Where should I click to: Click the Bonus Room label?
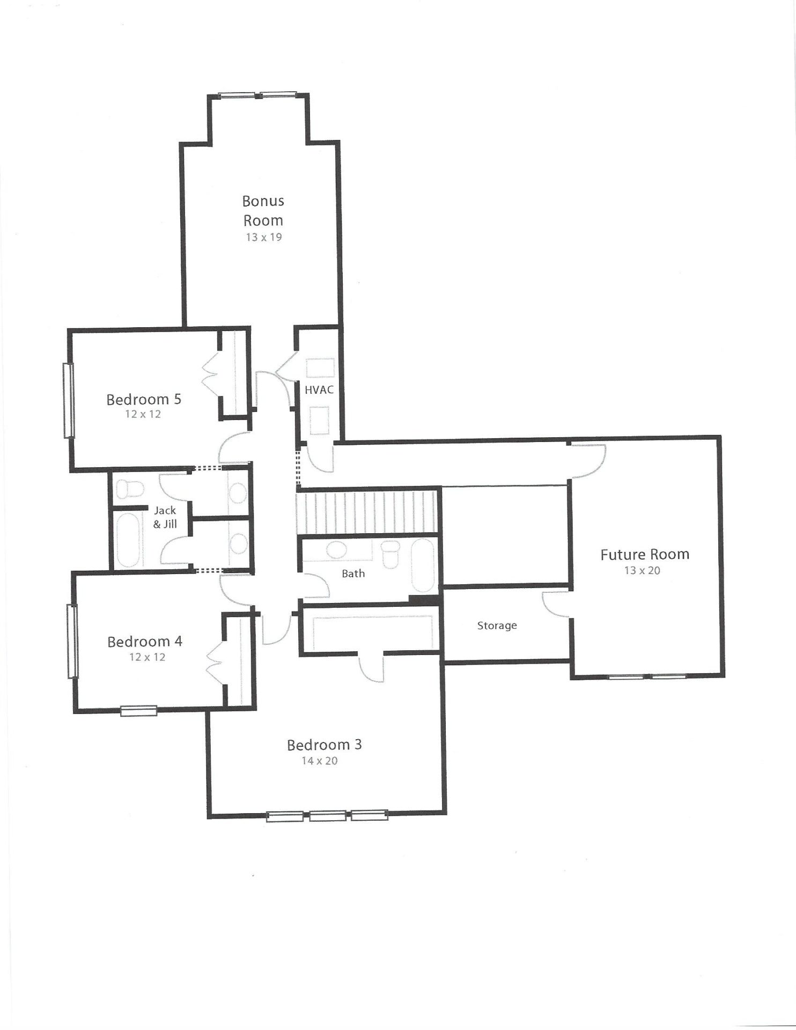tap(263, 210)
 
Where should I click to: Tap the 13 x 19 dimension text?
tap(264, 237)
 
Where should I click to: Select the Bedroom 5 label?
tap(144, 399)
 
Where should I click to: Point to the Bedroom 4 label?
tap(145, 642)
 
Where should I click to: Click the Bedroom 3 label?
tap(325, 745)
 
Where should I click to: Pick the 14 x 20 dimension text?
tap(320, 761)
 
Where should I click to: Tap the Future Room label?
tap(645, 554)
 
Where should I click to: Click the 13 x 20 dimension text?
tap(642, 570)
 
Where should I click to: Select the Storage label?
tap(497, 626)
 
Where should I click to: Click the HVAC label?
tap(319, 390)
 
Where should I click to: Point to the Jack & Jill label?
tap(165, 517)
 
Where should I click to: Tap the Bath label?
tap(353, 573)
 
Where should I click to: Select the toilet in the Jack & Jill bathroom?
tap(129, 489)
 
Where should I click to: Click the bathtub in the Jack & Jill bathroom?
tap(128, 540)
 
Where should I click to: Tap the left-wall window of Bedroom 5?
tap(69, 400)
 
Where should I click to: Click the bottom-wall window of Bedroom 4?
tap(139, 711)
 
